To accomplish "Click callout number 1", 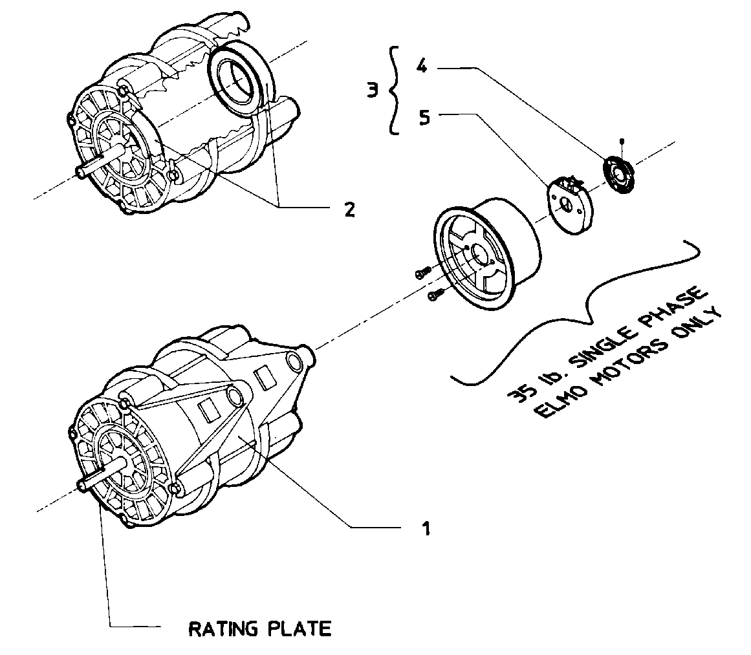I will pos(426,528).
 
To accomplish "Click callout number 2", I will pos(349,209).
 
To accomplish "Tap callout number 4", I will pos(422,67).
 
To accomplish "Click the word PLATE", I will pos(304,628).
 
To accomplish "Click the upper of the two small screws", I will pos(421,274).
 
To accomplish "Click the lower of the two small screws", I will pos(433,295).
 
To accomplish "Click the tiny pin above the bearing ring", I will pos(621,140).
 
